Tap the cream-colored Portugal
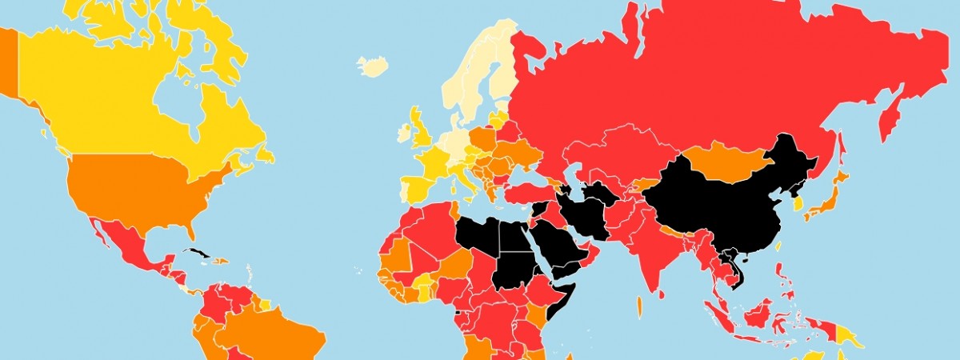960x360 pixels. [402, 191]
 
